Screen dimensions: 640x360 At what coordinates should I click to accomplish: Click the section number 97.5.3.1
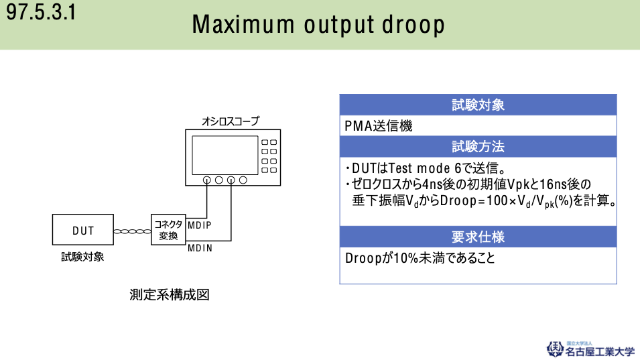[41, 11]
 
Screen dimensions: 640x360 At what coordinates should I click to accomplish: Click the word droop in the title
[413, 25]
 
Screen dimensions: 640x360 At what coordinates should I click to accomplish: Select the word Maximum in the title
[243, 24]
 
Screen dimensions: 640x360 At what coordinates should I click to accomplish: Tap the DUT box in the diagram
[83, 229]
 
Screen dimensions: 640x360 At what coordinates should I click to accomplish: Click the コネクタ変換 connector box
[168, 229]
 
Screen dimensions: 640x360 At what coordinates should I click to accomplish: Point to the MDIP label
[200, 225]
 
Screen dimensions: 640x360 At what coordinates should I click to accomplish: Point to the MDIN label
[200, 248]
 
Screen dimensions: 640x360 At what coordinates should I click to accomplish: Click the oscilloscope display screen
[225, 155]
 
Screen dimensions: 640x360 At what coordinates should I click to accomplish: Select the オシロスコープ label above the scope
[231, 121]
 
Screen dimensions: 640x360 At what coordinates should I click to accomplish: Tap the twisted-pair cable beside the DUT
[132, 231]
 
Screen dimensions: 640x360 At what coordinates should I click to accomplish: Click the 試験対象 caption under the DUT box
[82, 257]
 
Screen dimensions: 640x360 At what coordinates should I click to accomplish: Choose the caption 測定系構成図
[170, 295]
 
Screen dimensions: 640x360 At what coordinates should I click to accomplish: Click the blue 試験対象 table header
[478, 105]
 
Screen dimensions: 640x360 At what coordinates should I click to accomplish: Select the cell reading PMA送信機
[379, 126]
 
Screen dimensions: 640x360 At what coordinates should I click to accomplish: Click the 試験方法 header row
[478, 147]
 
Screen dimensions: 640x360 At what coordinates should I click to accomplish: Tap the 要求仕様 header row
[478, 237]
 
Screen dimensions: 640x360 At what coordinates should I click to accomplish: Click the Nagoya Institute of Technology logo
[590, 350]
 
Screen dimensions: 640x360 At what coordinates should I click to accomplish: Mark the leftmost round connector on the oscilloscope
[207, 180]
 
